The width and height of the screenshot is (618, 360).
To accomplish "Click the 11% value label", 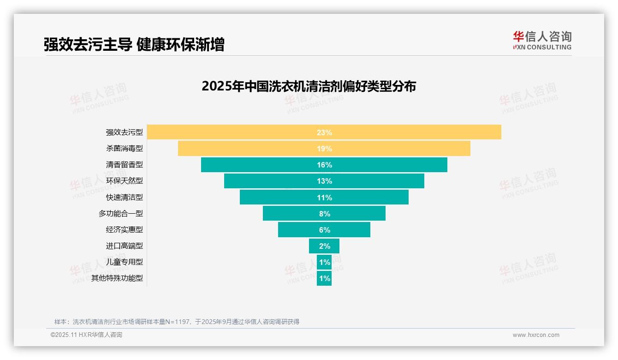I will pos(324,198).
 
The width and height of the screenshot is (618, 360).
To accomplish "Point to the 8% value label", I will pos(324,214).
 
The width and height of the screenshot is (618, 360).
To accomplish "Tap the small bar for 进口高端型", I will pos(324,246).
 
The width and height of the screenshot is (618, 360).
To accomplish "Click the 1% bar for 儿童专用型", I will pos(324,262).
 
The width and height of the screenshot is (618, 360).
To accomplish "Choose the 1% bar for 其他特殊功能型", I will pos(324,278).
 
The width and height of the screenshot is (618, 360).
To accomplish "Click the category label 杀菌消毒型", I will pos(125,149).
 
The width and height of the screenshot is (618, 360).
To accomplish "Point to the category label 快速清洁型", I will pos(125,197).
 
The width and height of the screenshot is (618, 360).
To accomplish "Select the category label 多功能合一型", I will pos(121,214).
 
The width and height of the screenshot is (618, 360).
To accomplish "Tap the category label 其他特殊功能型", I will pos(117,278).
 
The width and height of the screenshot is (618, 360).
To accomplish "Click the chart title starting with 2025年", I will pos(309,86).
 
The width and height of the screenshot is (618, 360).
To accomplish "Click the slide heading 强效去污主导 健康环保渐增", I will pos(134,45).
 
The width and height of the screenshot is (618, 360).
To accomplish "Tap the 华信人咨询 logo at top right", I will pos(542,40).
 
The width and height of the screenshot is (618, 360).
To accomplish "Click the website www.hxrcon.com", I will pos(536,335).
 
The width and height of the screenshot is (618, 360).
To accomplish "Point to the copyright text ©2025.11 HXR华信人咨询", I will pos(86,335).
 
